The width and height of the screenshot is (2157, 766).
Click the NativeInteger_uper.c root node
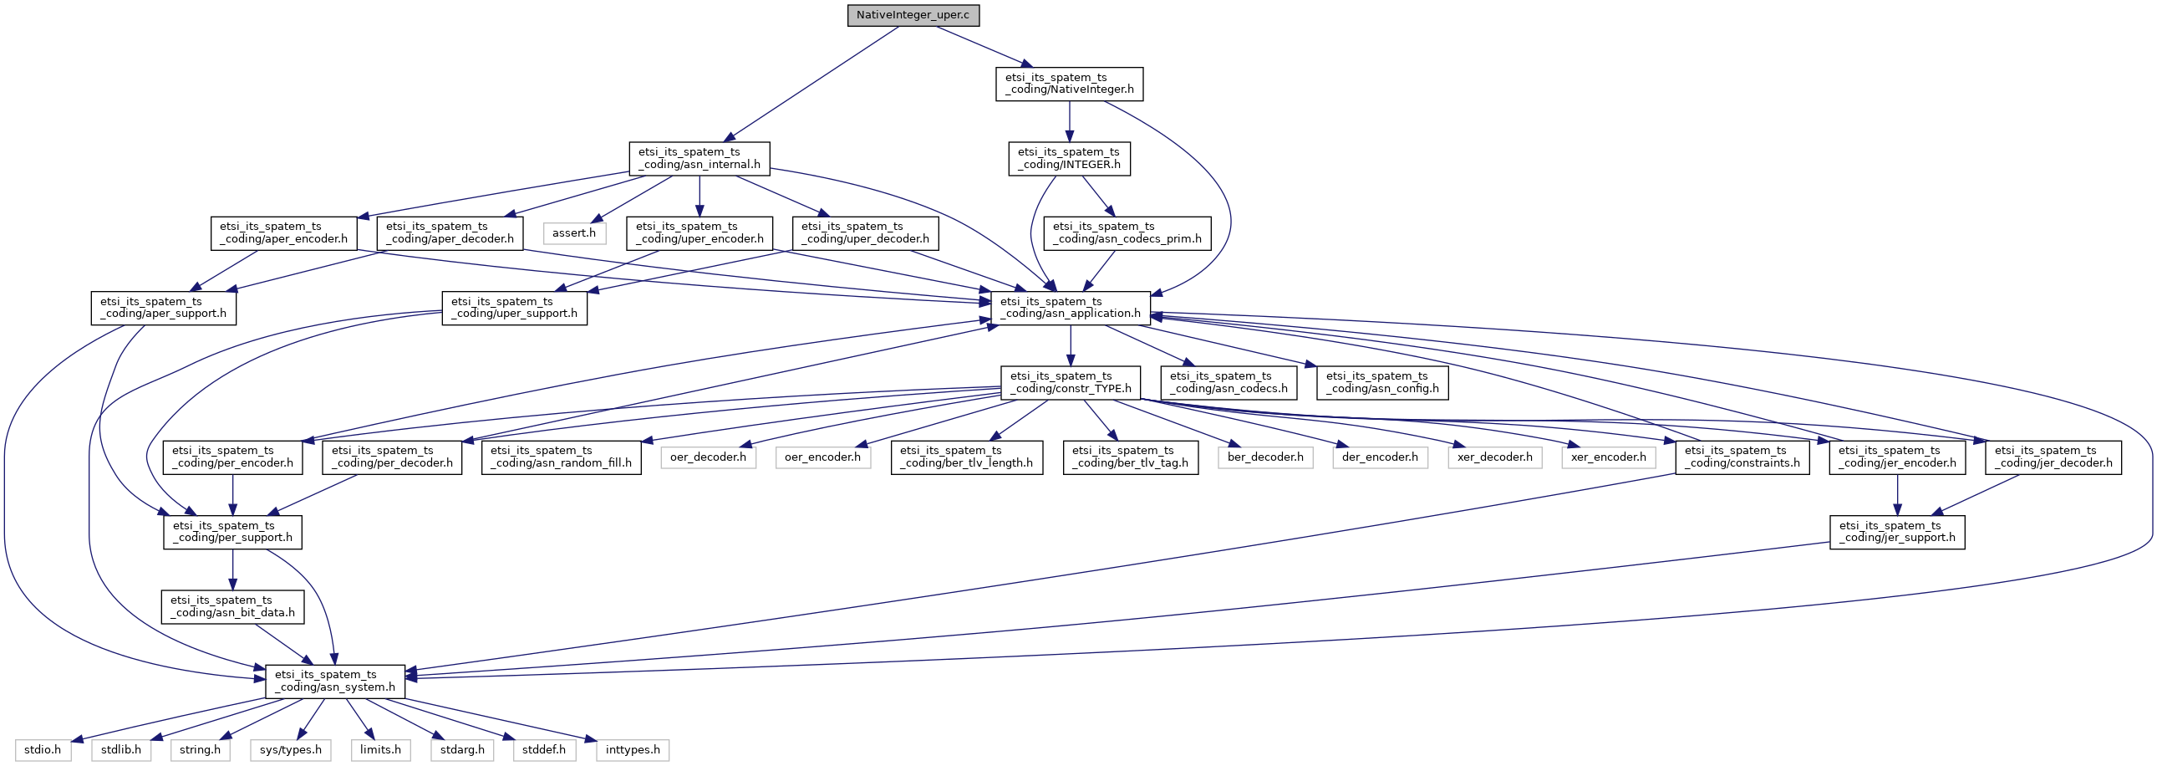point(913,15)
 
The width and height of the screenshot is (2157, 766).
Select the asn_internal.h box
point(699,158)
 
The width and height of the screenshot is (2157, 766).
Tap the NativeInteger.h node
point(1069,84)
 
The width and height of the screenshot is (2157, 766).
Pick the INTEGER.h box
point(1068,158)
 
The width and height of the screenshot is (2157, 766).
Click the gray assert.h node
point(573,233)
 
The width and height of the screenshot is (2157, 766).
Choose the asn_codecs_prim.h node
point(1127,233)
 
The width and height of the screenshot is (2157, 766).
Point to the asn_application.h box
point(1070,308)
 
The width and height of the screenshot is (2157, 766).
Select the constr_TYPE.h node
point(1070,382)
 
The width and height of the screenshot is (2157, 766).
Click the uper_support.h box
point(514,308)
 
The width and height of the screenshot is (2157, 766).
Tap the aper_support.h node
point(163,308)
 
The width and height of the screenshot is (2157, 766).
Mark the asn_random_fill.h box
point(561,457)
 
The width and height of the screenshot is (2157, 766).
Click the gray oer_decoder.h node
point(708,457)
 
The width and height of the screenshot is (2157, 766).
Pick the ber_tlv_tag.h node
point(1130,457)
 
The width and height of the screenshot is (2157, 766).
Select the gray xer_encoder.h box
point(1608,457)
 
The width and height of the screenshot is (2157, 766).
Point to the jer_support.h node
point(1896,531)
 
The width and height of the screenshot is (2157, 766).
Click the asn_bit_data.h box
point(233,606)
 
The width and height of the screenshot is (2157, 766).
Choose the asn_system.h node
point(335,681)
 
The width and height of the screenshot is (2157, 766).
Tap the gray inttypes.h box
point(632,750)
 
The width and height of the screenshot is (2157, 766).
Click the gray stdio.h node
point(43,750)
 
